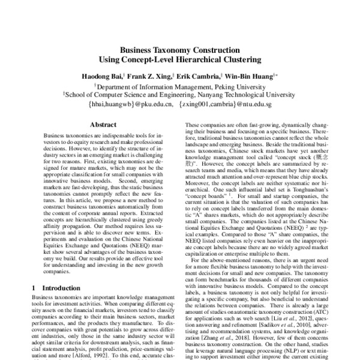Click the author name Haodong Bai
103,77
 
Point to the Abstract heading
103,125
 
